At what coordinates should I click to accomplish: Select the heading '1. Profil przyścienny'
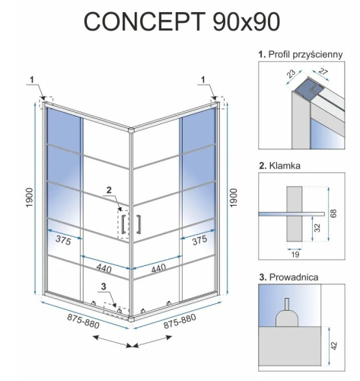point(305,53)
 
